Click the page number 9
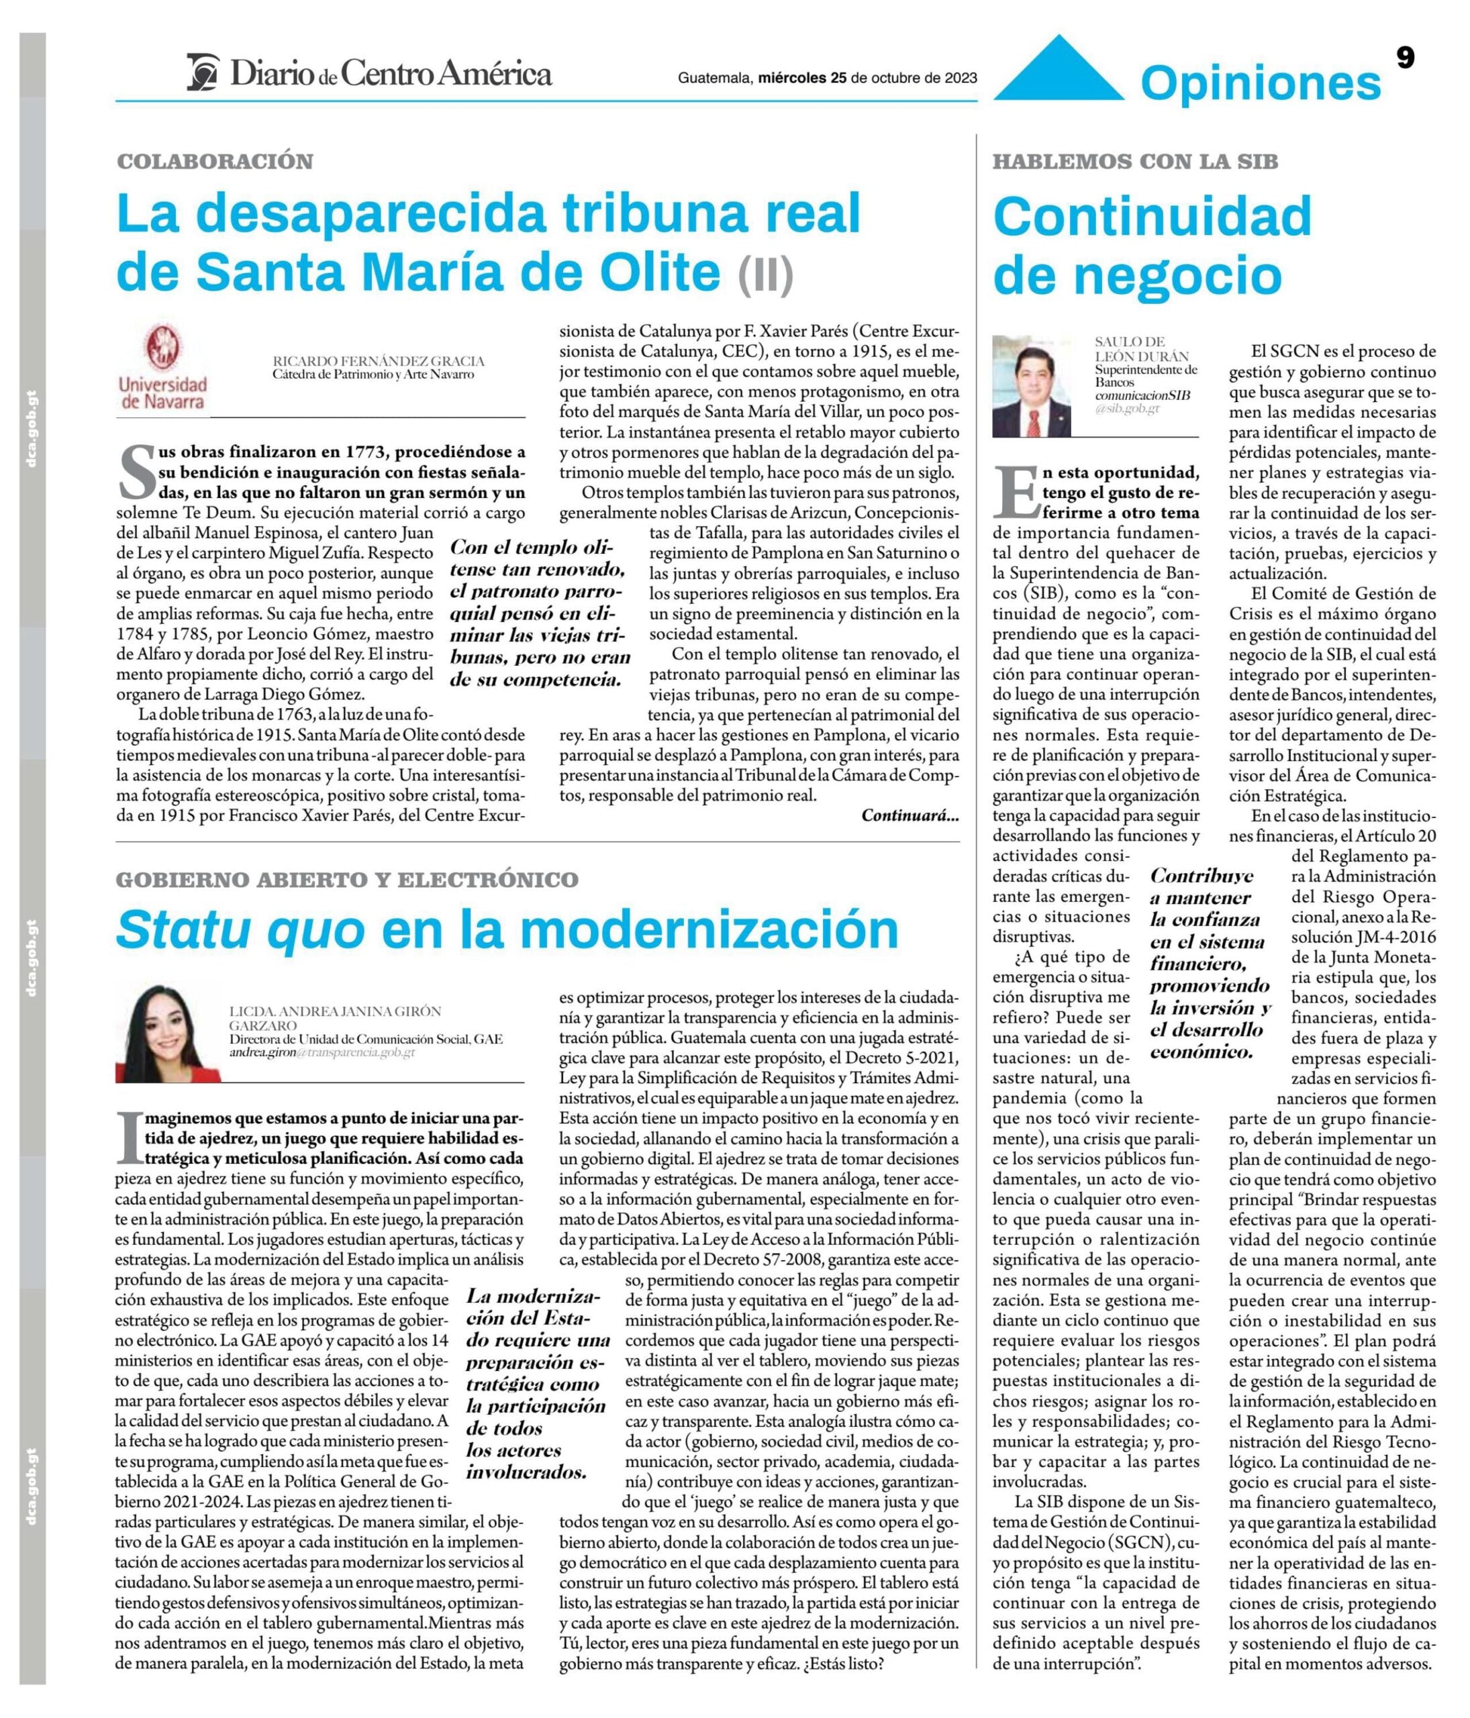1404,57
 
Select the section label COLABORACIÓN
215,162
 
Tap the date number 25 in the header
838,79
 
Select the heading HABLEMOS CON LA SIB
1135,162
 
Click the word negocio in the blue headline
1138,275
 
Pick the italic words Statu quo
240,930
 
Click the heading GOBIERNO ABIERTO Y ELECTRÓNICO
346,880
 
